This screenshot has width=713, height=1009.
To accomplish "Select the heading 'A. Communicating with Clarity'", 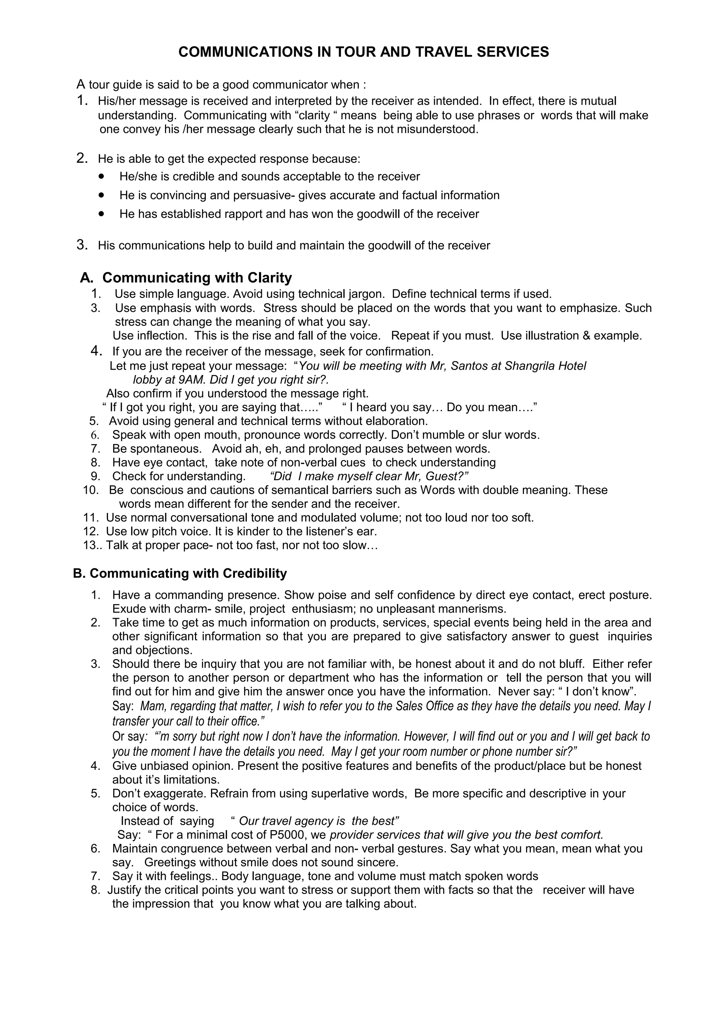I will [x=186, y=278].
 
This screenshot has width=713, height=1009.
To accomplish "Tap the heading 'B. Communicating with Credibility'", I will [x=180, y=573].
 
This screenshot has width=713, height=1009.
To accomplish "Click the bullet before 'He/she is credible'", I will [x=102, y=176].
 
